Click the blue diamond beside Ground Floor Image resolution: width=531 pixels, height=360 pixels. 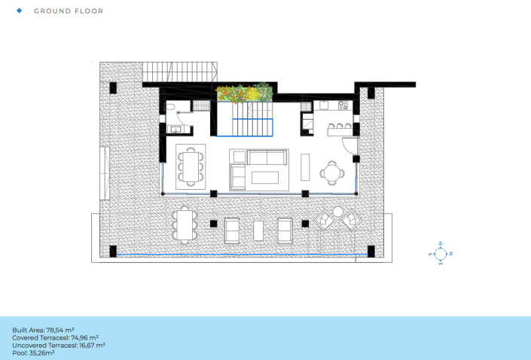point(20,11)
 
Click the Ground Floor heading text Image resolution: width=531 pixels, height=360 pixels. point(69,11)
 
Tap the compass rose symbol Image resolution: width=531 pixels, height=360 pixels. point(441,254)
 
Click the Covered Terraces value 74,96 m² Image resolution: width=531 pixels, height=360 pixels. point(84,337)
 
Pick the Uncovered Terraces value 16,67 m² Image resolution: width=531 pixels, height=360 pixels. point(91,346)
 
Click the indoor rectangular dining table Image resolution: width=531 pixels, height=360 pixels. point(191,166)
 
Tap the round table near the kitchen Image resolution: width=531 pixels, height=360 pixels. point(332,173)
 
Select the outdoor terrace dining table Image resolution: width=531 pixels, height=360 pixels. point(185,224)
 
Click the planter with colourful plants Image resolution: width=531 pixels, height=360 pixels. point(245,93)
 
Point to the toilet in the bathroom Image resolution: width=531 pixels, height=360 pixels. point(169,108)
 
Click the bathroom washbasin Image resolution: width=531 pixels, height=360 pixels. point(175,130)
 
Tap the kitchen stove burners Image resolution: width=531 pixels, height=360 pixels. point(343,105)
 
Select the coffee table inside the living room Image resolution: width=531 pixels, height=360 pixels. point(265,178)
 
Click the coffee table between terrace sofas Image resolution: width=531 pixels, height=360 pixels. point(258,231)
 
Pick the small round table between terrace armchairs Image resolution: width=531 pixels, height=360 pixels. point(337,212)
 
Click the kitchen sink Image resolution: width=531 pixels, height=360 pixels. point(324,105)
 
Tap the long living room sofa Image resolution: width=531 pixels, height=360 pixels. point(267,157)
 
